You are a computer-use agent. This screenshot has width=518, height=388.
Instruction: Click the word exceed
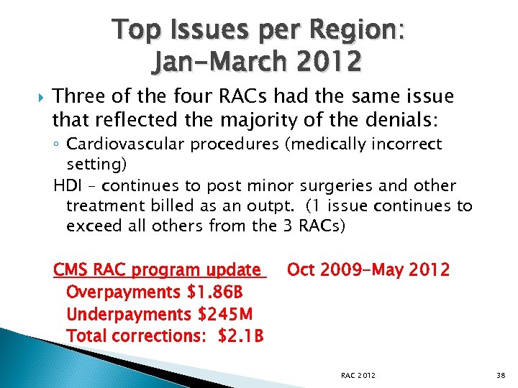click(x=91, y=226)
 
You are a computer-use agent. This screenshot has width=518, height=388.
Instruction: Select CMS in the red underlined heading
click(x=71, y=270)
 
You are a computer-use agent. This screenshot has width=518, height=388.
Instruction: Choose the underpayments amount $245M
click(x=219, y=314)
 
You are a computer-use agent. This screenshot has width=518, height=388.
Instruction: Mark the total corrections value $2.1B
click(x=241, y=336)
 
